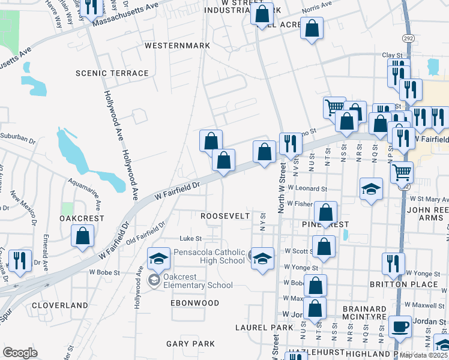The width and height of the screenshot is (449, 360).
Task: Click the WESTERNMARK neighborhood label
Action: coord(177,46)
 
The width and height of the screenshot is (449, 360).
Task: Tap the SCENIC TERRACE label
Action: coord(112,73)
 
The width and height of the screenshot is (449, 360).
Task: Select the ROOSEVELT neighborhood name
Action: coord(224,215)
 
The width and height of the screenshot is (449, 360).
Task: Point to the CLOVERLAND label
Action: coord(60,305)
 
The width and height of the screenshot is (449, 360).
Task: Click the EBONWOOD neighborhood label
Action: coord(195,303)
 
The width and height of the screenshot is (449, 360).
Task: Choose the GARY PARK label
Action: coord(190,344)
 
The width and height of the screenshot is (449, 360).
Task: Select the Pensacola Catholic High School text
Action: coord(209,256)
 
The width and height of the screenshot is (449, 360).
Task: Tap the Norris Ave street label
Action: coord(317,4)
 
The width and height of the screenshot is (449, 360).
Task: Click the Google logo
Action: coord(20,353)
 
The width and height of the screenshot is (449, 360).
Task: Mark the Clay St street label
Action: coord(392,55)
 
